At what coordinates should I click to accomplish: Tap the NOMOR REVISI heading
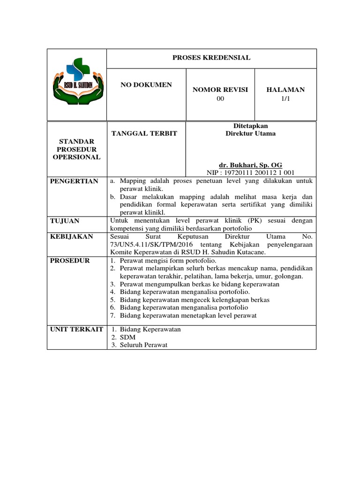[220, 90]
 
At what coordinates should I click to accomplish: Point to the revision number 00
[220, 98]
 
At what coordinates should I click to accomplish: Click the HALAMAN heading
[285, 90]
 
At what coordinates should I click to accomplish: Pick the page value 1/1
[285, 98]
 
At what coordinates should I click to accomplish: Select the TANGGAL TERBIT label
[144, 134]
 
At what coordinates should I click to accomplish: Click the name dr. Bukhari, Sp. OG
[251, 165]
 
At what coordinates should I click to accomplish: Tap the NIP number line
[251, 172]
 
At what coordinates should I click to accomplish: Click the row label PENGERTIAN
[75, 181]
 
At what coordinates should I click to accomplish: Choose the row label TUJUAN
[65, 220]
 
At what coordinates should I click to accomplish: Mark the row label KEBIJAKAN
[72, 237]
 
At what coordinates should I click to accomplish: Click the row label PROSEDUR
[70, 260]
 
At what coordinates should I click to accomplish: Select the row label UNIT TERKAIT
[76, 329]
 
